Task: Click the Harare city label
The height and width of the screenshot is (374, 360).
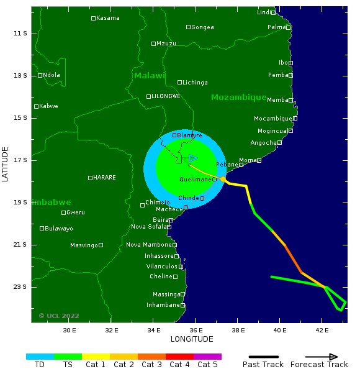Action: pos(104,178)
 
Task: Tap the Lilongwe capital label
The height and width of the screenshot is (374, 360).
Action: pos(166,96)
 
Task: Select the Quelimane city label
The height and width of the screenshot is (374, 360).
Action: pos(196,180)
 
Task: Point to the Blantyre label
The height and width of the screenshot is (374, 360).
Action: pos(189,135)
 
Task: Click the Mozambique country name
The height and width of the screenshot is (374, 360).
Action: pos(238,98)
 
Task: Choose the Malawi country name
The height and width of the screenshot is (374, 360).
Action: pos(150,76)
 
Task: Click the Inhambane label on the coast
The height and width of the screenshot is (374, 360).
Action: pos(163,305)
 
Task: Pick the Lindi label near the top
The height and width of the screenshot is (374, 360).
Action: pos(264,12)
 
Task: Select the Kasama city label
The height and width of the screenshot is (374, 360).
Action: pos(107,18)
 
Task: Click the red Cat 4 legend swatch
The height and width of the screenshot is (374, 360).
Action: pos(179,357)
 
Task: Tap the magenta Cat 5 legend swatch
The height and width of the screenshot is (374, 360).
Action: pos(207,357)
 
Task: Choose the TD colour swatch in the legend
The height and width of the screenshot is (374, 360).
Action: pos(40,357)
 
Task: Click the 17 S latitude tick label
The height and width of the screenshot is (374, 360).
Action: pos(20,160)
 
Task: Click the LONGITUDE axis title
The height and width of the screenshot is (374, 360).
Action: pos(192,339)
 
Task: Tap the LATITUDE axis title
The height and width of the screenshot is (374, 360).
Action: pos(6,164)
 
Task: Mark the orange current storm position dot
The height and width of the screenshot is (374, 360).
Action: pos(223,179)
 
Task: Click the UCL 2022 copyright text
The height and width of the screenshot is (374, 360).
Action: pos(59,316)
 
